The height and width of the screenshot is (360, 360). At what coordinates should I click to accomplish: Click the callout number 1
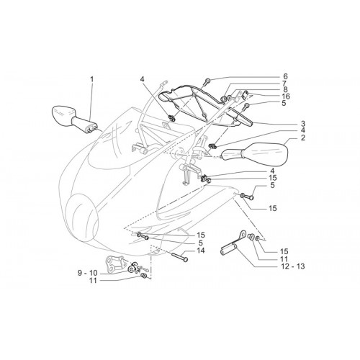point(91,79)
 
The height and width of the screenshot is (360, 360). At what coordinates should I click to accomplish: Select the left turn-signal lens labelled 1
point(63,113)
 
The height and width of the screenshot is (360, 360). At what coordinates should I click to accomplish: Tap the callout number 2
point(303,138)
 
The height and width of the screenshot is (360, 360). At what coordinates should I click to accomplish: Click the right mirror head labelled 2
point(266,155)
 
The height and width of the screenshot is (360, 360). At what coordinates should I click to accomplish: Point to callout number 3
point(303,124)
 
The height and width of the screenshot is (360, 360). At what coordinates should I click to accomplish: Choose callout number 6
point(285,76)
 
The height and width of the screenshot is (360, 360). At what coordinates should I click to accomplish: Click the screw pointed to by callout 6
point(207,81)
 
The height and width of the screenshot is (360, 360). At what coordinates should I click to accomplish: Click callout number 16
point(285,96)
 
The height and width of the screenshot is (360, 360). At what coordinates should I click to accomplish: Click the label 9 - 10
point(87,273)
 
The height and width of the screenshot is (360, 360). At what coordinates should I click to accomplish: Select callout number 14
point(201,251)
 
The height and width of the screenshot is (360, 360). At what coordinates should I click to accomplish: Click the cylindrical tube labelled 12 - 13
point(229,248)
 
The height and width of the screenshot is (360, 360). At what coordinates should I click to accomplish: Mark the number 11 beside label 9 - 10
point(93,280)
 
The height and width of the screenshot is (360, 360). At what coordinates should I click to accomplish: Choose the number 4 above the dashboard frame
point(143,79)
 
